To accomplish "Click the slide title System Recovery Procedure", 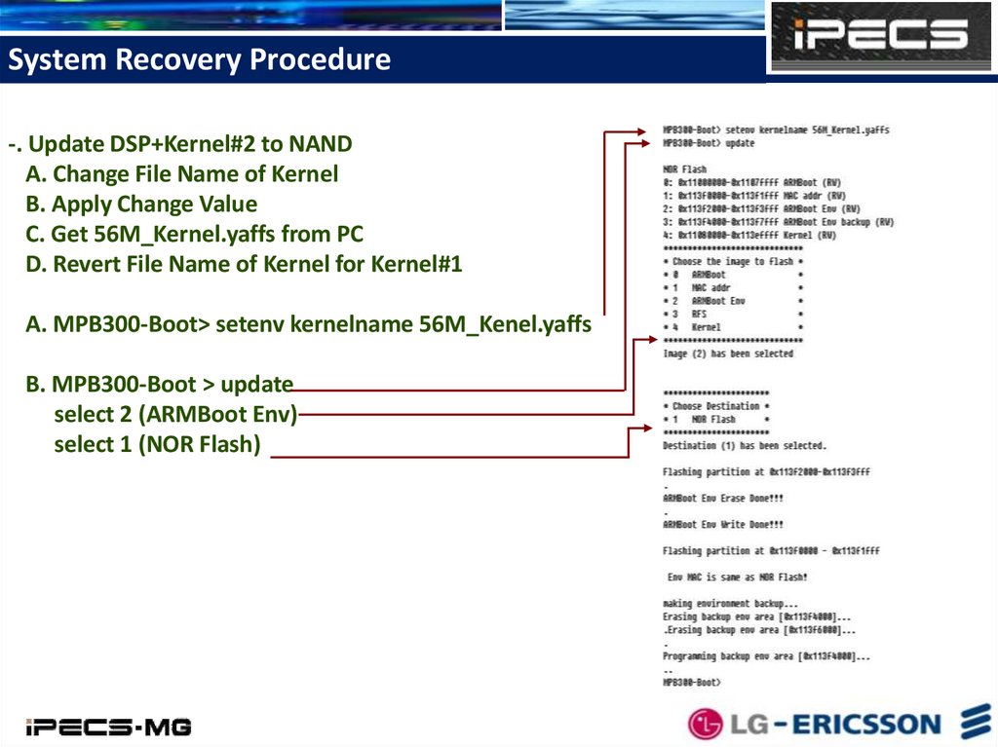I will [199, 60].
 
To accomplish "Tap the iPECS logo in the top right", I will [879, 36].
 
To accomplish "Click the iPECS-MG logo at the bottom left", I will [108, 727].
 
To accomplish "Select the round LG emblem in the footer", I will [706, 724].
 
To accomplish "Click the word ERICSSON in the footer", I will [865, 725].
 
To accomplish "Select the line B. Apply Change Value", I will [156, 205].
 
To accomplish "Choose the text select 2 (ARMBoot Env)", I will [175, 415].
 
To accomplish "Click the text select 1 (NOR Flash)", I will [158, 445].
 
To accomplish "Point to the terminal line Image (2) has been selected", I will [727, 354].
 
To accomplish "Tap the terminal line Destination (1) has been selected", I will [744, 445].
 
